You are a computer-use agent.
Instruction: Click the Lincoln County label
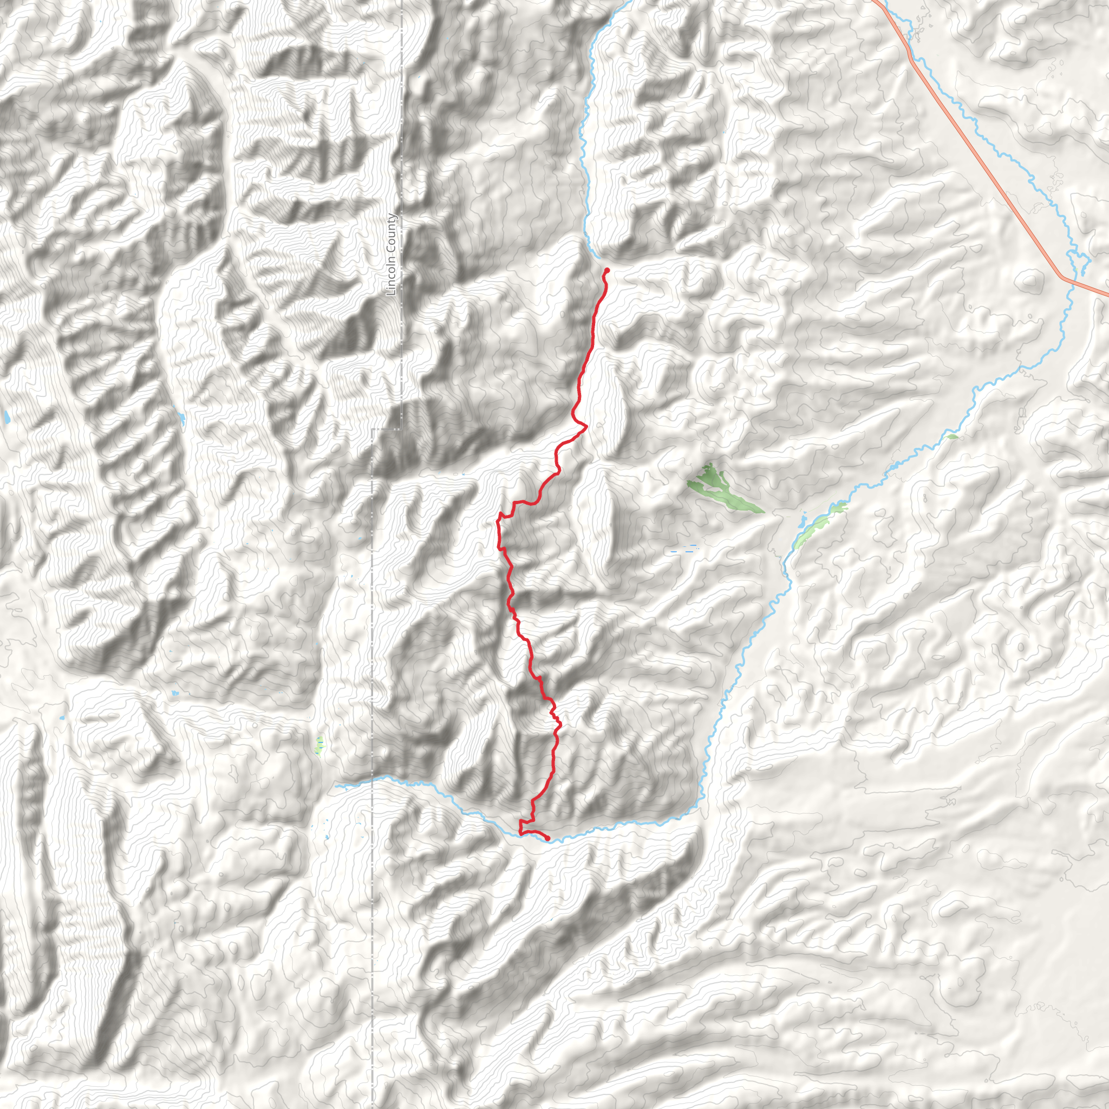pyautogui.click(x=392, y=255)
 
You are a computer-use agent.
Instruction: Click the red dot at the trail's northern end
pyautogui.click(x=606, y=270)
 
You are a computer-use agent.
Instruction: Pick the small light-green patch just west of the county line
pyautogui.click(x=319, y=745)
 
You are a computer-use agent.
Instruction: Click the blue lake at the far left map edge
pyautogui.click(x=6, y=417)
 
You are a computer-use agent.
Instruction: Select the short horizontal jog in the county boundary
pyautogui.click(x=386, y=429)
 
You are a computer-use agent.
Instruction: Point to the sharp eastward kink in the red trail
pyautogui.click(x=585, y=427)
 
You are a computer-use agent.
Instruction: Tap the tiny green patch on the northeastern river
pyautogui.click(x=953, y=438)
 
